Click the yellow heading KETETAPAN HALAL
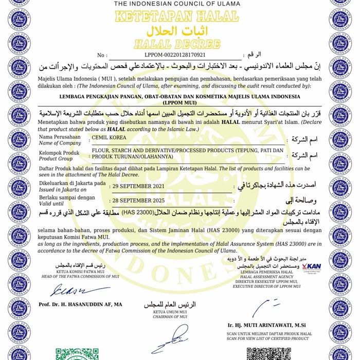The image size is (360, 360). (179, 16)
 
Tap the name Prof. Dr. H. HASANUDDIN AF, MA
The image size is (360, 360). (80, 304)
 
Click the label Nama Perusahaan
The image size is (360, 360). (60, 138)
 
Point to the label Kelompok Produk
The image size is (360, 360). (60, 154)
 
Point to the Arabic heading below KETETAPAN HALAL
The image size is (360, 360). (179, 29)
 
